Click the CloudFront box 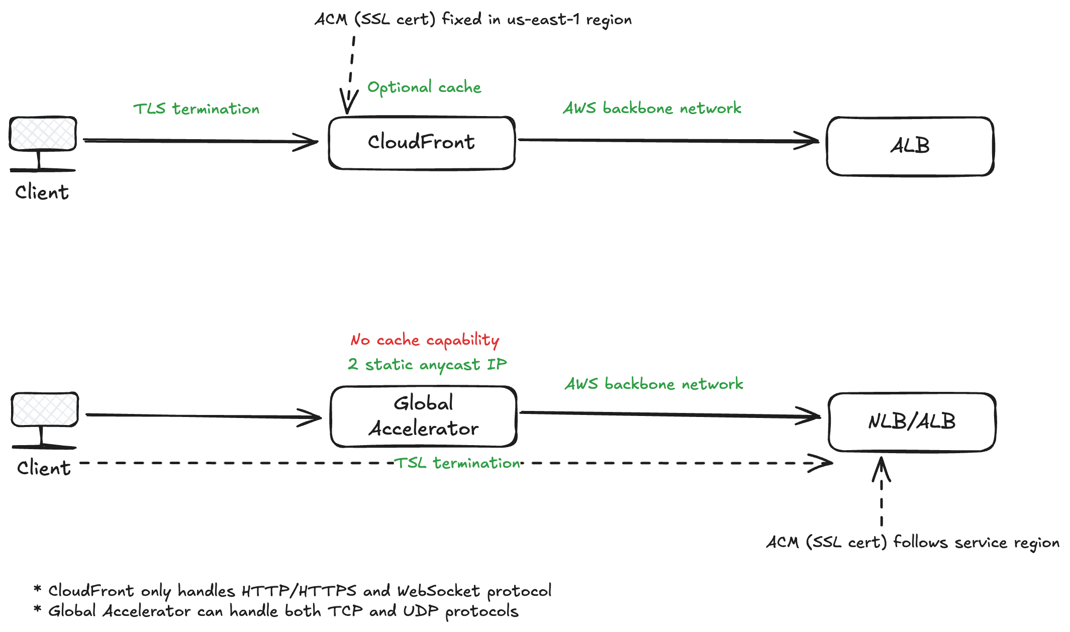tap(421, 143)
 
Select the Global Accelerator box tap(423, 416)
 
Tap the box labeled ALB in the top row tap(910, 146)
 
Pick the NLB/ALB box tap(912, 422)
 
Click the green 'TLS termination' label tap(196, 109)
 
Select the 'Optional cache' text tap(424, 87)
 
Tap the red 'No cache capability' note tap(425, 340)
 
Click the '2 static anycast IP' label tap(427, 364)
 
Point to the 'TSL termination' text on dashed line tap(457, 463)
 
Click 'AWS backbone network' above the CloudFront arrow tap(652, 108)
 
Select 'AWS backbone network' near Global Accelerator tap(653, 384)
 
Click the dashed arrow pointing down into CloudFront tap(351, 70)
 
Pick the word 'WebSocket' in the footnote tap(439, 591)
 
